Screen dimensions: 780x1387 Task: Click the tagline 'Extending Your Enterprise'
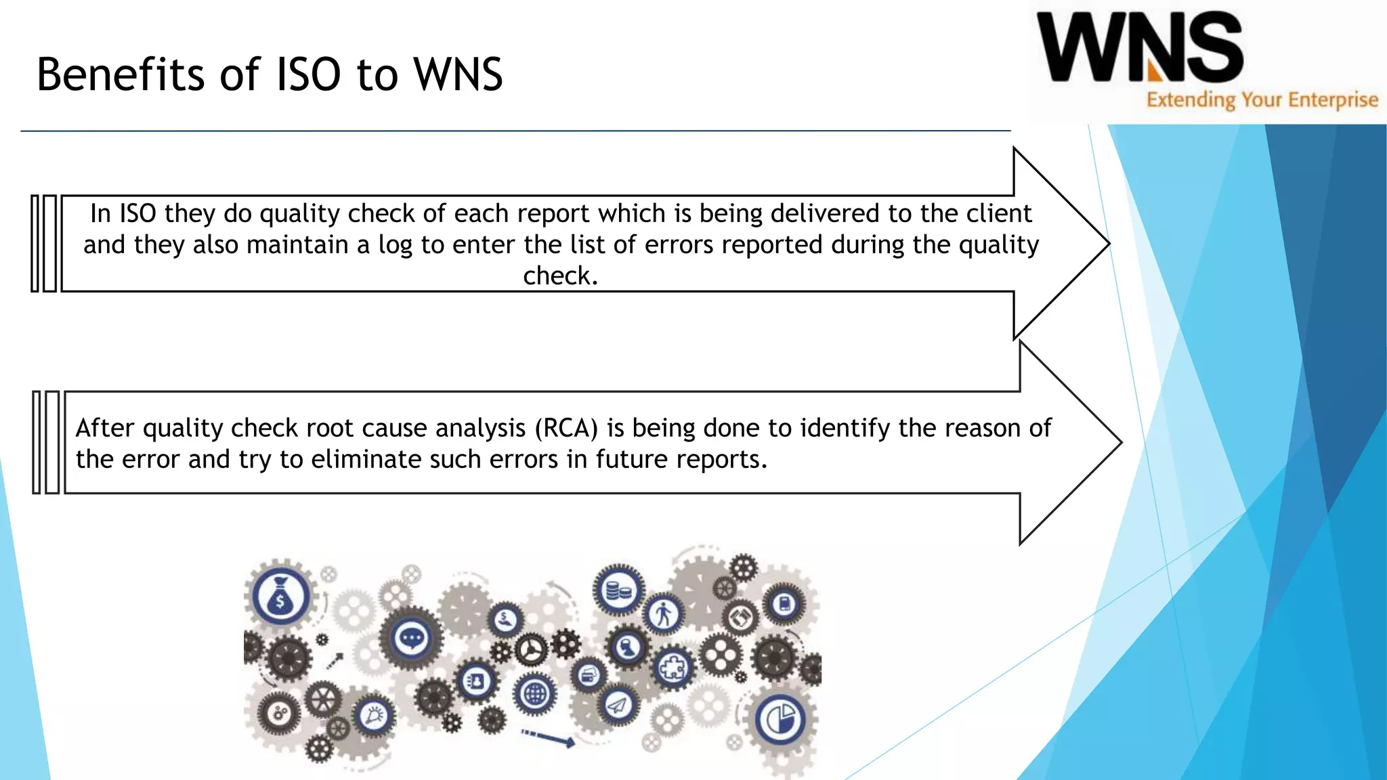tap(1262, 100)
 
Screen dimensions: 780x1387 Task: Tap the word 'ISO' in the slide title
tap(308, 74)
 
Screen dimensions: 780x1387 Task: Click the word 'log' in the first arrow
tap(395, 245)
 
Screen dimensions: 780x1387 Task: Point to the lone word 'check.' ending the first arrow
tap(561, 276)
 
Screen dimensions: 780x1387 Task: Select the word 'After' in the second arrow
tap(105, 429)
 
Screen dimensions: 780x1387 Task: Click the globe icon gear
tap(535, 694)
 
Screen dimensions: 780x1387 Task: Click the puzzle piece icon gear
tap(672, 668)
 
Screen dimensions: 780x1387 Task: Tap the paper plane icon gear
tap(617, 706)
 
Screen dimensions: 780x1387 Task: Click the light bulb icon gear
tap(374, 716)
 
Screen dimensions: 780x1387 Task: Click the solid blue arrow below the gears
tap(550, 738)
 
